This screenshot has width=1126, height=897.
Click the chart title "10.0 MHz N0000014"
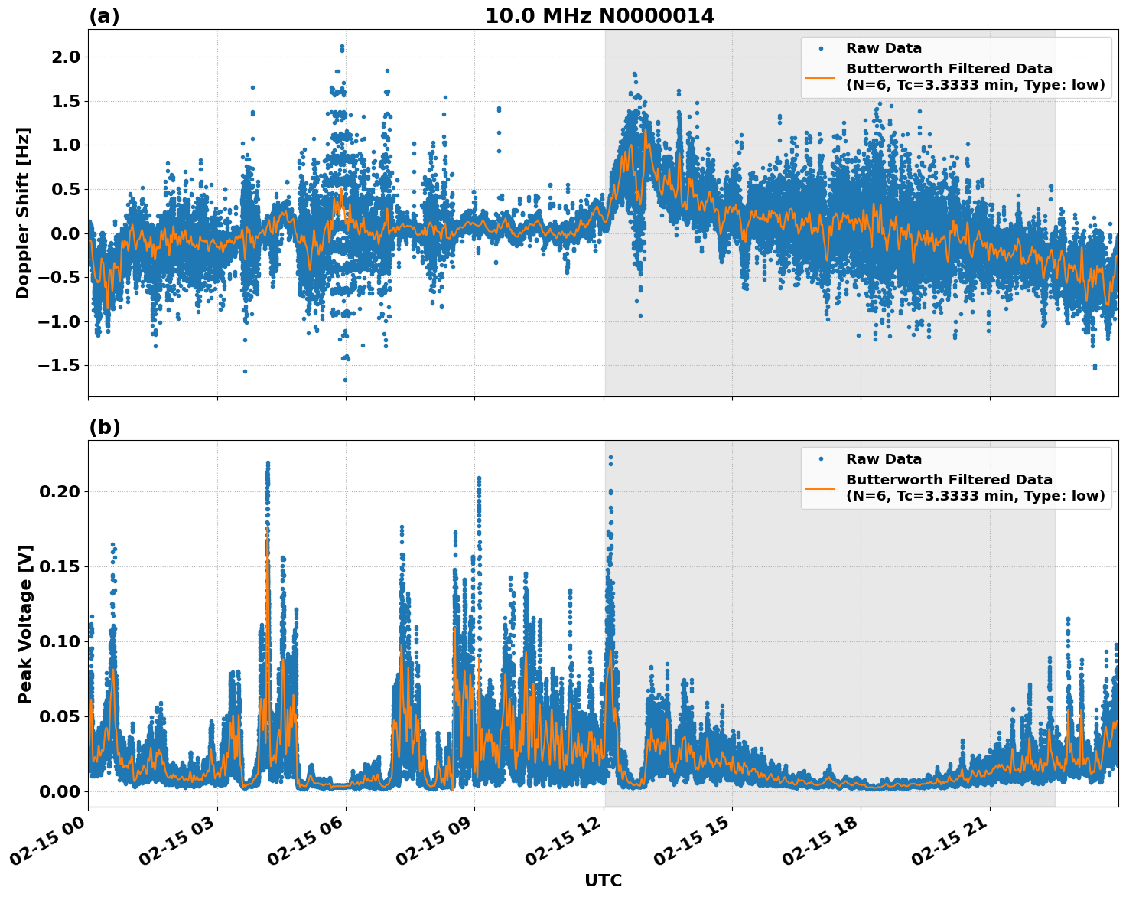click(600, 16)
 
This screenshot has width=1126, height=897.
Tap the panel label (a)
click(104, 16)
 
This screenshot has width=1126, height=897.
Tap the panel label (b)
click(104, 427)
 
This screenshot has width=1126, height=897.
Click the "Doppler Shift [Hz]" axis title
click(23, 213)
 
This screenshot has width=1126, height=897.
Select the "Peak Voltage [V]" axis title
click(25, 624)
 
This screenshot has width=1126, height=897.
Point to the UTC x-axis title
click(603, 880)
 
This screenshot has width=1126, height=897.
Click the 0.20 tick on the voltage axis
click(59, 491)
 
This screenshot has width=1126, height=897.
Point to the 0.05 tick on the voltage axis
click(59, 716)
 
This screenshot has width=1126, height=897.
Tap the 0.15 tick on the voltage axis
click(59, 566)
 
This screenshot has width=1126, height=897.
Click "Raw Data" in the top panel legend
click(884, 48)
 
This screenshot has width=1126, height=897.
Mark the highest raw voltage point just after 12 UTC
click(610, 457)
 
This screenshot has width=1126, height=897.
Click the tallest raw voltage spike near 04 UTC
click(268, 463)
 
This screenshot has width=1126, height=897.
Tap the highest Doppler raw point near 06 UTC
click(342, 47)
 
